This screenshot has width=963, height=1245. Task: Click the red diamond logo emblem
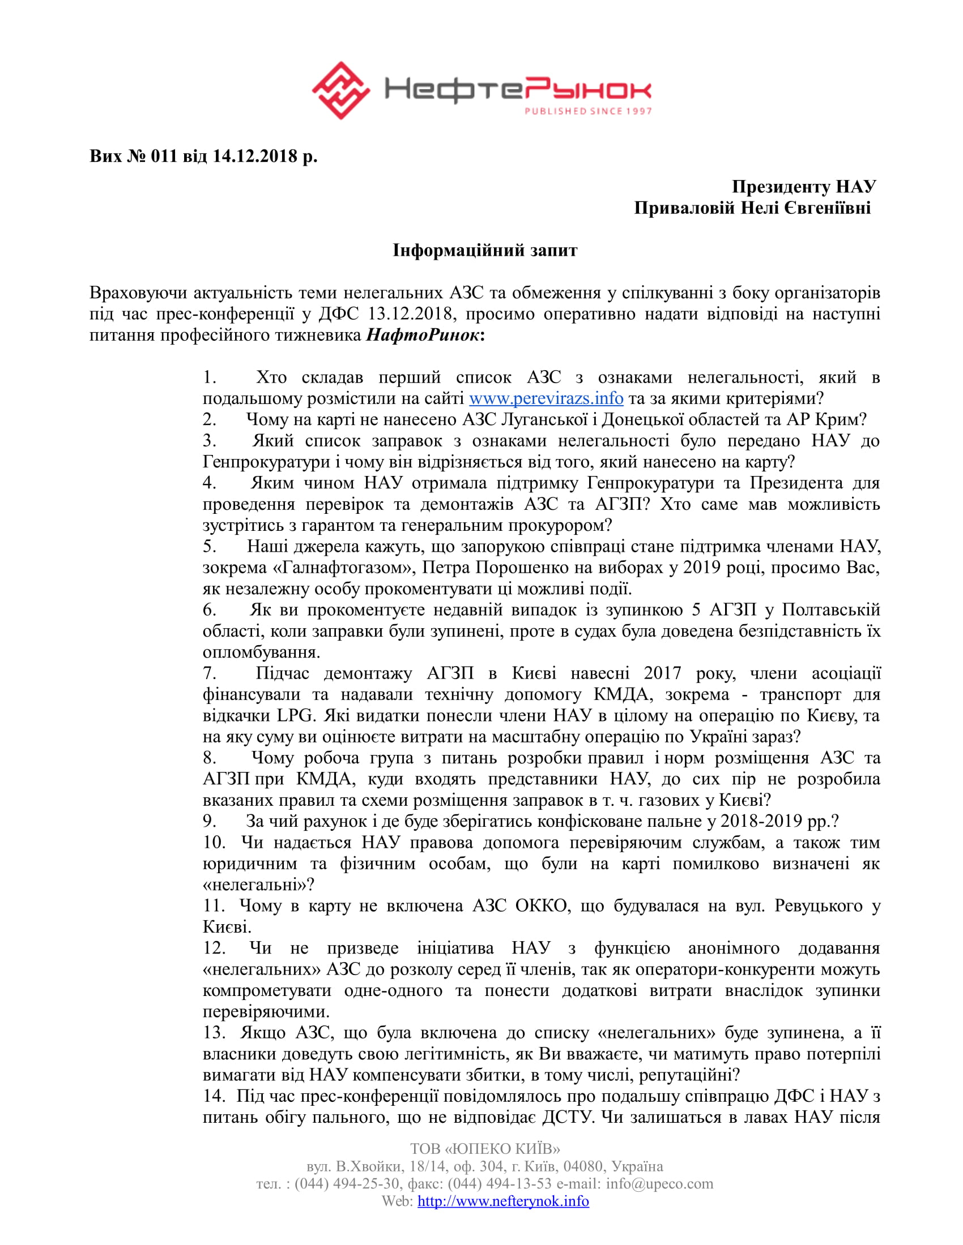click(340, 91)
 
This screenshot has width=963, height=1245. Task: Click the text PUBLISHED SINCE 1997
click(588, 111)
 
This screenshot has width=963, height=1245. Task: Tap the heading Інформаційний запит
click(485, 250)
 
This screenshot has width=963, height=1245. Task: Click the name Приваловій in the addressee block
click(684, 208)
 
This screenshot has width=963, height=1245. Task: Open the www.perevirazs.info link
click(546, 398)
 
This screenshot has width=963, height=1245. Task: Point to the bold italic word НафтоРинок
click(422, 334)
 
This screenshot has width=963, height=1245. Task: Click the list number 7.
click(210, 673)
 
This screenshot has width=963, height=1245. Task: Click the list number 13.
click(214, 1032)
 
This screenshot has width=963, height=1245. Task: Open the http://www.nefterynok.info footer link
click(503, 1201)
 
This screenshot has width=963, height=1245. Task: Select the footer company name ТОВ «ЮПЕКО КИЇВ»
click(485, 1148)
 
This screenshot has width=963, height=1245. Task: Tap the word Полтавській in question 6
click(831, 610)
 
